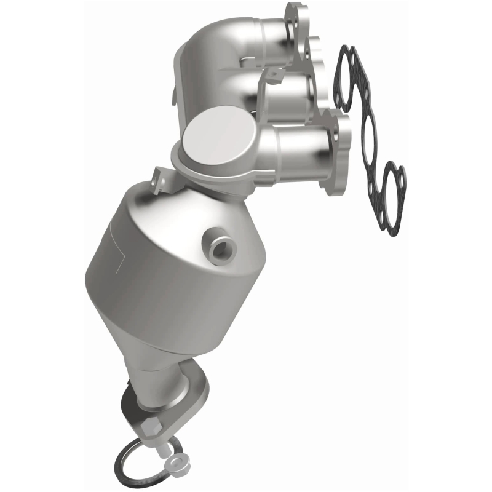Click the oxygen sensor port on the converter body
(217, 247)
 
